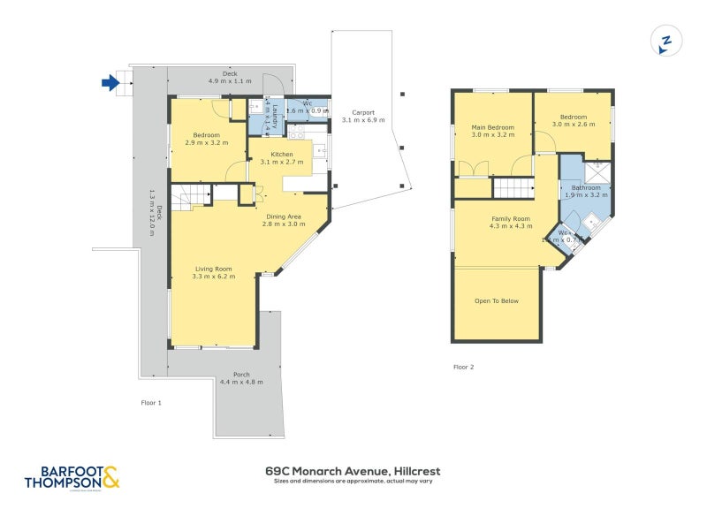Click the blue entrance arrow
pos(110,83)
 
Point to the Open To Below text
pos(497,301)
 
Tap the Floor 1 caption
pos(151,402)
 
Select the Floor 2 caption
pos(463,367)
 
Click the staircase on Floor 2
pos(513,187)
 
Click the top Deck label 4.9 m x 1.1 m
pos(230,77)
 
